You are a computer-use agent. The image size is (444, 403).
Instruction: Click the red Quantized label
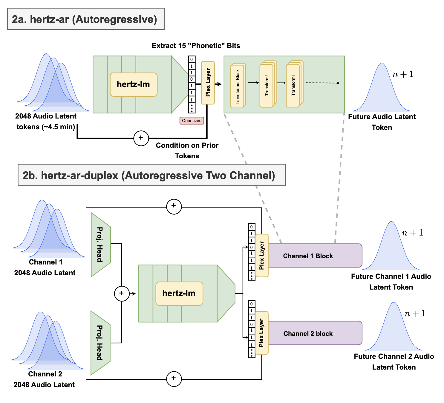tap(192, 121)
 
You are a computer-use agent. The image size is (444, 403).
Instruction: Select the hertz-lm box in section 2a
tap(134, 84)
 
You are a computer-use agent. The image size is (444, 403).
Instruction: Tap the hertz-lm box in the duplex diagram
tap(179, 293)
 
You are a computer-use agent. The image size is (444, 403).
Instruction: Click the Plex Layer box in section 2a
tap(208, 83)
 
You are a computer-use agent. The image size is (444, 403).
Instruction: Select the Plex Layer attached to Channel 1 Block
tap(262, 256)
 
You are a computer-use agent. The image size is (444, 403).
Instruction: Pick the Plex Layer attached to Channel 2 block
tap(262, 333)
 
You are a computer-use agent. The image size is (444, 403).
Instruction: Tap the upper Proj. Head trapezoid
tap(100, 245)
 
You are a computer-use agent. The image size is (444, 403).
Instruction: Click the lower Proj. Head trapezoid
tap(100, 343)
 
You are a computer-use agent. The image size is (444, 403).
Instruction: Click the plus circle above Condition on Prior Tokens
tap(141, 138)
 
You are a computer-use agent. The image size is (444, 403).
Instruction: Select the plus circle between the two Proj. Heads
tap(122, 293)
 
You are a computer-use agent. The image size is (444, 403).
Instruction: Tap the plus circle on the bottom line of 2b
tap(174, 379)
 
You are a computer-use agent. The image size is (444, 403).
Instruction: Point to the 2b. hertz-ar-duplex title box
tap(151, 175)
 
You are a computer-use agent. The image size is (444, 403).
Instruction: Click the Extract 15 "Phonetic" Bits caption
tap(196, 46)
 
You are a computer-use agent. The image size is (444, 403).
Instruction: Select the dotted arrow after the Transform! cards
tap(323, 83)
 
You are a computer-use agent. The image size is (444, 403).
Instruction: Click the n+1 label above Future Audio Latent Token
tap(403, 74)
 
